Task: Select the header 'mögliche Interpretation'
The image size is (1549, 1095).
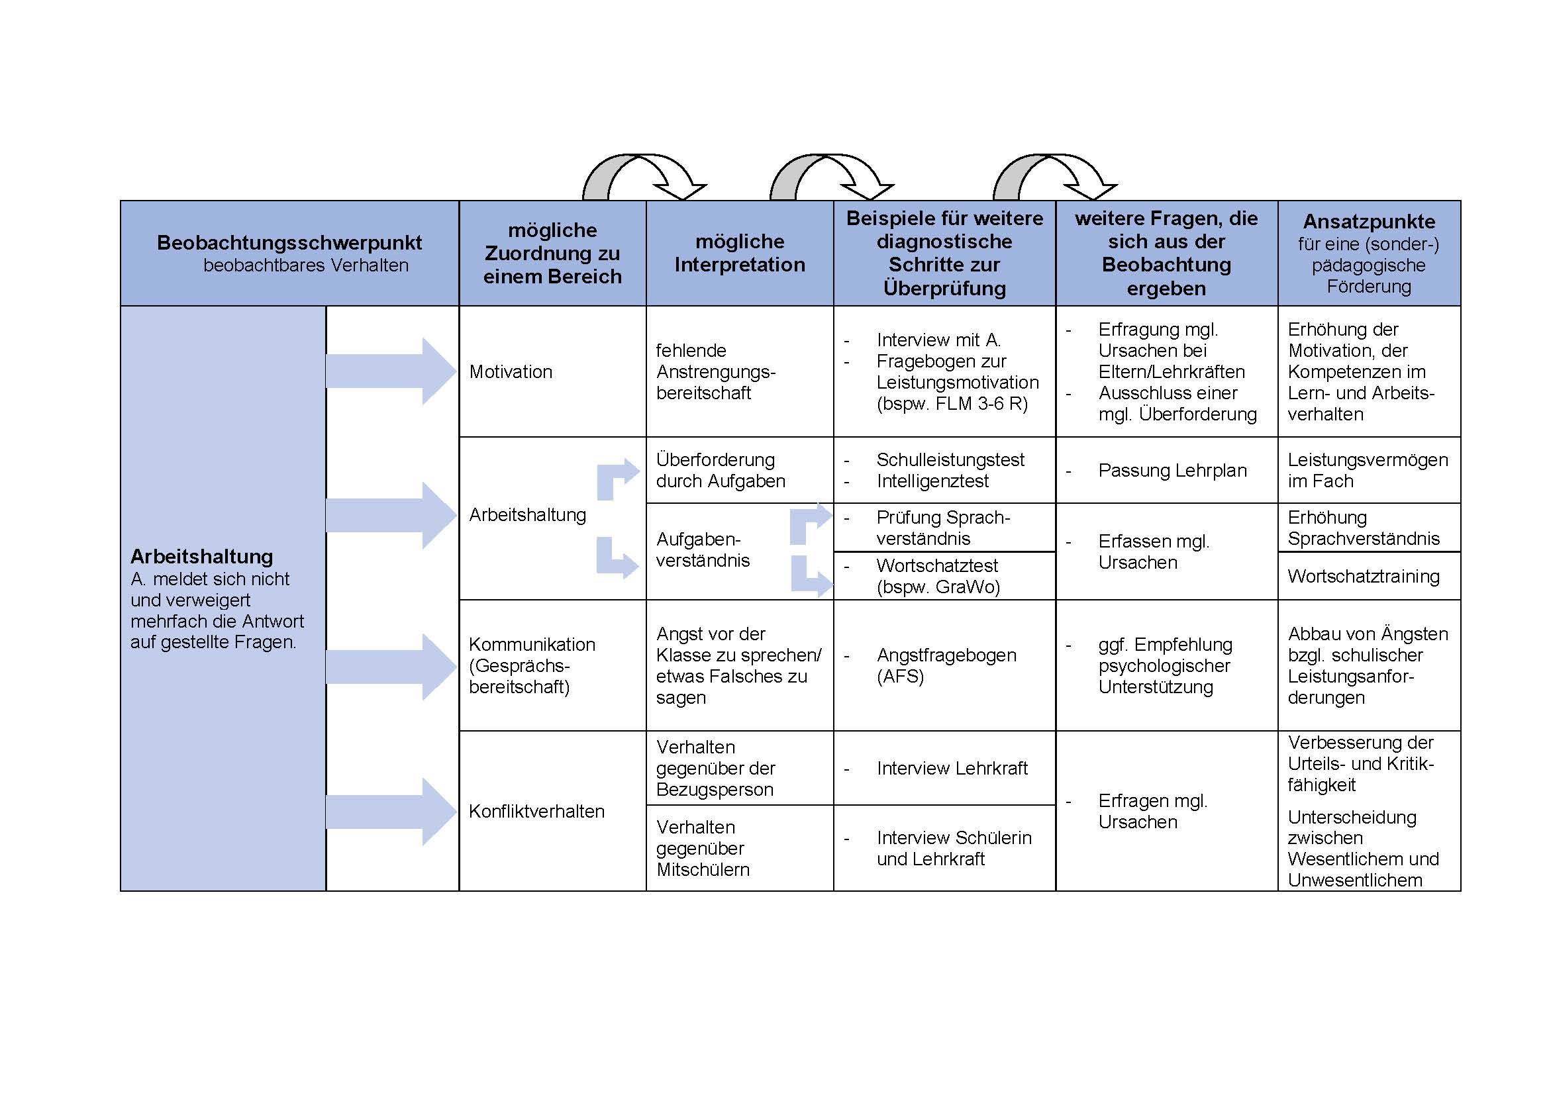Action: (740, 253)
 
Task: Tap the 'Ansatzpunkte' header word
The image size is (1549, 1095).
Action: (1369, 221)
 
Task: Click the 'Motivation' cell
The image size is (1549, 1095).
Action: (511, 371)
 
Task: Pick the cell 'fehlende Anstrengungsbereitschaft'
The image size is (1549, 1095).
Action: (716, 371)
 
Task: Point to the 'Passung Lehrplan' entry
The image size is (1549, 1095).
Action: (1173, 470)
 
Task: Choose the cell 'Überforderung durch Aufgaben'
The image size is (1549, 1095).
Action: (721, 470)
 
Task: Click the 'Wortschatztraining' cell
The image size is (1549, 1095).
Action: (1364, 576)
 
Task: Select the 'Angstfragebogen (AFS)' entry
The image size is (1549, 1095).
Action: (946, 665)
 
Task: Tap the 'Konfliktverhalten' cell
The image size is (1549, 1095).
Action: (536, 811)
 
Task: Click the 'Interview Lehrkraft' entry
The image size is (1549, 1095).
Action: (952, 768)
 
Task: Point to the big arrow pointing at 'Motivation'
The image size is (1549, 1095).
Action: (391, 371)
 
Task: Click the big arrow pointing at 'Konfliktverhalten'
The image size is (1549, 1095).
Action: (391, 811)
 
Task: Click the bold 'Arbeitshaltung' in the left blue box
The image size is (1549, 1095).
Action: (202, 556)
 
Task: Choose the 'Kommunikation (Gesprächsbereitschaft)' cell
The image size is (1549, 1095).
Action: (532, 665)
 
